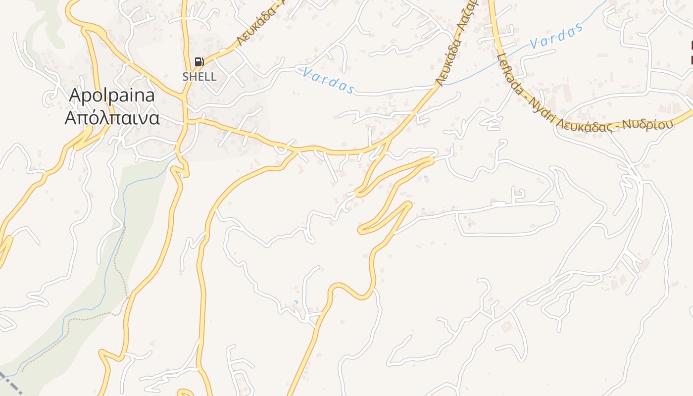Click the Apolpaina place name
tap(112, 95)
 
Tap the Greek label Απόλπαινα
tap(112, 118)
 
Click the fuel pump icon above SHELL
tap(199, 62)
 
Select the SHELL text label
tap(199, 77)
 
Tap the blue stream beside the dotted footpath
tap(106, 292)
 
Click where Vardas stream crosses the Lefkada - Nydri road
tap(503, 51)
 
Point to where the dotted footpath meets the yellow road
tap(127, 297)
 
